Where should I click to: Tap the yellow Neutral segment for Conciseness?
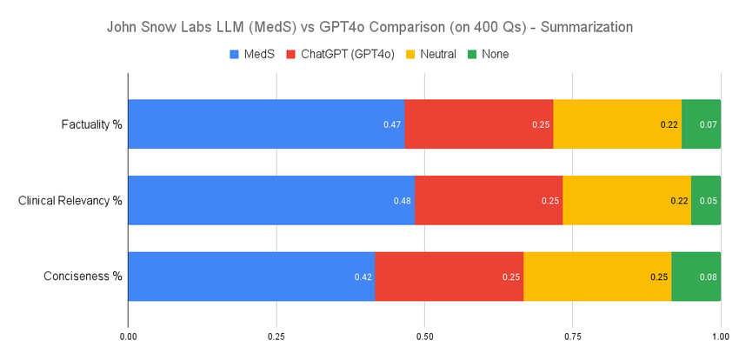click(x=597, y=277)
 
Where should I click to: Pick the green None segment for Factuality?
click(x=701, y=123)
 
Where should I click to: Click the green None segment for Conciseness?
click(x=696, y=277)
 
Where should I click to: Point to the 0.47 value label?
click(x=392, y=124)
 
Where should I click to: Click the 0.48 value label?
click(x=403, y=201)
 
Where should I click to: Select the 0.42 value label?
click(x=363, y=277)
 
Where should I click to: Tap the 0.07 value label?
click(x=709, y=124)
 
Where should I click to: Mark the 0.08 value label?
click(x=709, y=277)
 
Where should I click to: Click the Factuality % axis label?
click(x=92, y=123)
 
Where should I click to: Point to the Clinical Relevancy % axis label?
click(x=70, y=200)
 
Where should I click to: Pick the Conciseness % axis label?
click(x=83, y=277)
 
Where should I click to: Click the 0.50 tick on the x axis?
click(x=424, y=335)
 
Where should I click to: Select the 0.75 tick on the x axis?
click(x=573, y=335)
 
